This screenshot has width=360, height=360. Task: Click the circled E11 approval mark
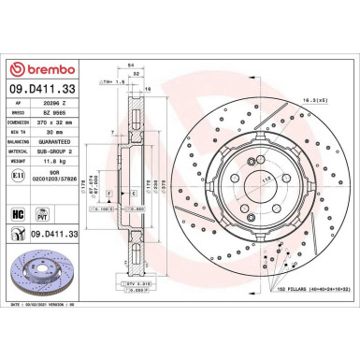(16, 175)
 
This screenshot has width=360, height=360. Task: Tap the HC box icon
(17, 214)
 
